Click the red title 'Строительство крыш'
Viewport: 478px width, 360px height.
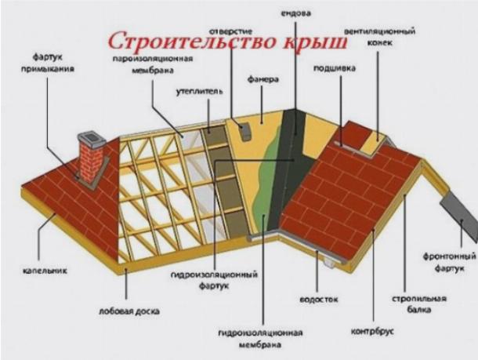(x=228, y=41)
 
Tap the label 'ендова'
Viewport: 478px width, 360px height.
(x=295, y=13)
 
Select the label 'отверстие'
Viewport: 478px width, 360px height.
(x=230, y=31)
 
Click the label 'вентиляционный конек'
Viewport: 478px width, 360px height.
(x=380, y=37)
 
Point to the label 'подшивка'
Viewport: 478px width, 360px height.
(x=335, y=68)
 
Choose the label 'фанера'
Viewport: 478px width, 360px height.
(x=263, y=80)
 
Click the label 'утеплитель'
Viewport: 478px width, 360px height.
(x=199, y=91)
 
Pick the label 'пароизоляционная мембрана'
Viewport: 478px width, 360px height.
(x=153, y=64)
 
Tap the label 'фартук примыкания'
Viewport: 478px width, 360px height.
(x=48, y=64)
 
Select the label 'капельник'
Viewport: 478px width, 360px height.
(x=45, y=271)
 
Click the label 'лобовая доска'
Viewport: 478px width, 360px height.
(x=129, y=311)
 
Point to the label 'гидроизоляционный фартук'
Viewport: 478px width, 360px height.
(x=214, y=280)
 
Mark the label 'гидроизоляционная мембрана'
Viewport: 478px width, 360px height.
(x=260, y=339)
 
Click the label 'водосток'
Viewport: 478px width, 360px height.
(x=319, y=300)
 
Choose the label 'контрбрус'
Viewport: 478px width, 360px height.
(x=372, y=331)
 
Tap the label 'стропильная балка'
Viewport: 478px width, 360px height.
(x=419, y=304)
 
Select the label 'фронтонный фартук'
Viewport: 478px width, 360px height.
(x=449, y=262)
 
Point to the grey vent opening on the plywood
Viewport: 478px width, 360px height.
(x=244, y=130)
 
